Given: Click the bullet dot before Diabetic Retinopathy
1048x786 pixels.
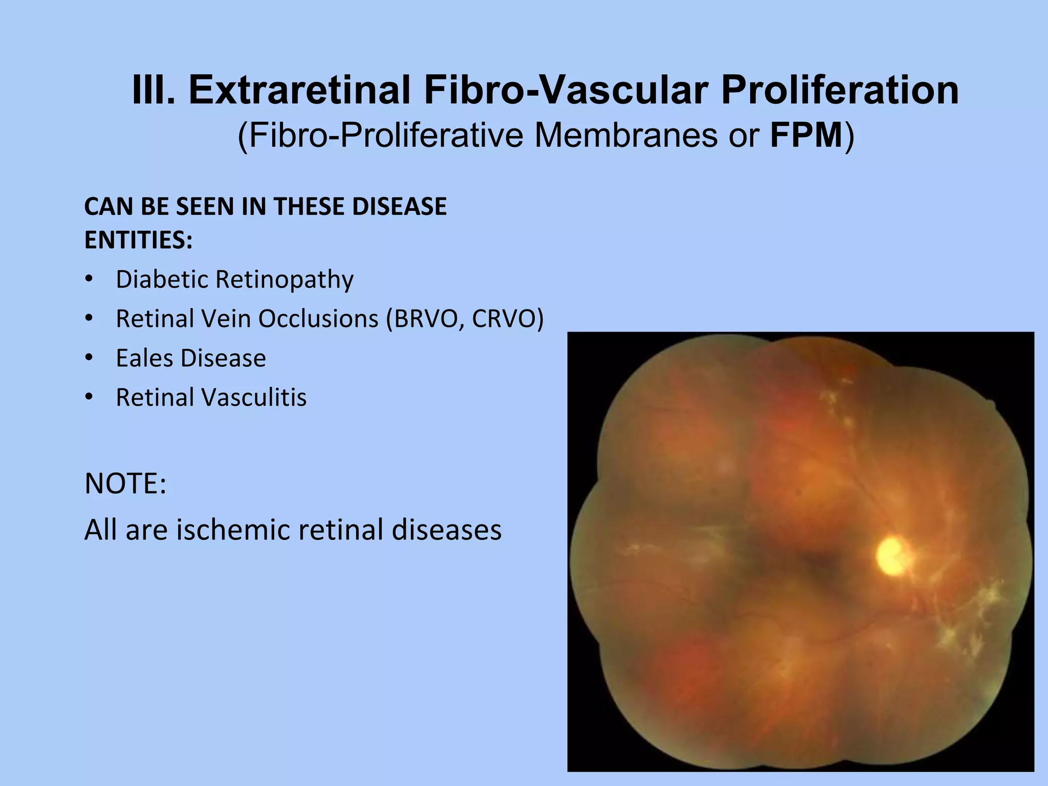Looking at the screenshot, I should click(x=89, y=279).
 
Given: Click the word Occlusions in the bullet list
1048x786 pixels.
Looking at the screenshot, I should click(x=318, y=319).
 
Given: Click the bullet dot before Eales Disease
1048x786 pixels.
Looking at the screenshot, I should click(x=89, y=358).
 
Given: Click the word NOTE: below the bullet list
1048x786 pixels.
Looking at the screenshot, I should click(x=125, y=484).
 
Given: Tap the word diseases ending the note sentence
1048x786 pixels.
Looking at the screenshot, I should click(x=446, y=530).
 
